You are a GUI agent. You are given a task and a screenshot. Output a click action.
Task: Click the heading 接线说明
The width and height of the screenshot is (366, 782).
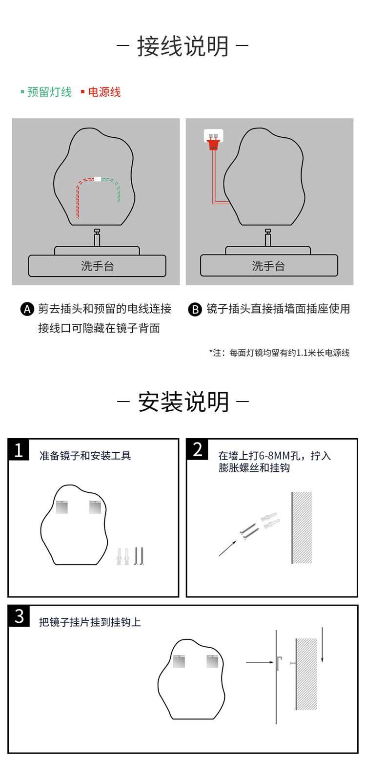[x=183, y=47]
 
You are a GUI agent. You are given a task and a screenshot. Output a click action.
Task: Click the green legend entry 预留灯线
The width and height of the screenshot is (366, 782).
[x=49, y=92]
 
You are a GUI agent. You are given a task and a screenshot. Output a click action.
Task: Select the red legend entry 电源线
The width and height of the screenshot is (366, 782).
[x=104, y=92]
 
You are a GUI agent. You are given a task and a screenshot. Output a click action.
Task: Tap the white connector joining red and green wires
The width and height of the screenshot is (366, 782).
[x=98, y=179]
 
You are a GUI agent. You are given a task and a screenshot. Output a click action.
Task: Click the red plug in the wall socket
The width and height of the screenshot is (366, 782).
[x=213, y=143]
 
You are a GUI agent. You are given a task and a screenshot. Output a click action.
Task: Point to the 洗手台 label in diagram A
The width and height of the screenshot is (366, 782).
[x=97, y=266]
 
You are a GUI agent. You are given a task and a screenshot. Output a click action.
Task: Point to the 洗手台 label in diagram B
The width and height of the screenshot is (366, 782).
[x=268, y=266]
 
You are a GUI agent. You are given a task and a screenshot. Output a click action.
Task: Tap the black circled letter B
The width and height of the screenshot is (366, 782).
[x=195, y=309]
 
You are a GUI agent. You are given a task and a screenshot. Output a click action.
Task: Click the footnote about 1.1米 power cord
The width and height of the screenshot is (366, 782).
[x=279, y=353]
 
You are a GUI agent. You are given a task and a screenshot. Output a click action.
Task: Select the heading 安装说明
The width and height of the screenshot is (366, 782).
[x=183, y=402]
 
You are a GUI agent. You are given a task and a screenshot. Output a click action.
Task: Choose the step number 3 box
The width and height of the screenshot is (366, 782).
[x=19, y=616]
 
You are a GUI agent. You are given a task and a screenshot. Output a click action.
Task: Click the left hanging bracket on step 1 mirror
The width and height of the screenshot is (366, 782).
[x=62, y=507]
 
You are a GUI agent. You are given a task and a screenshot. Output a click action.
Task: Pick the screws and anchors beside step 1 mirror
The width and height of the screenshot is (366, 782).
[x=130, y=556]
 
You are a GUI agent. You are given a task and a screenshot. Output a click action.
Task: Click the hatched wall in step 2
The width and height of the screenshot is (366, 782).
[x=302, y=528]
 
